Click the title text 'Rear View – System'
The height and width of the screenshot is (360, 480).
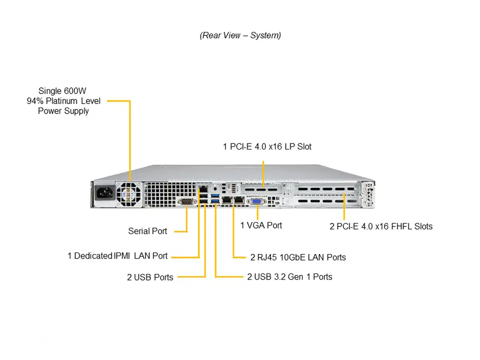[240, 35]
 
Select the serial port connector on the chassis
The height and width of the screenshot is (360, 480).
[186, 201]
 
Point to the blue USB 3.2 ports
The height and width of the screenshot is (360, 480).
[215, 198]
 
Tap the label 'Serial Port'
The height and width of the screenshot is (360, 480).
[147, 231]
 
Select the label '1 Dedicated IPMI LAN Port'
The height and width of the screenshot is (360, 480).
[117, 256]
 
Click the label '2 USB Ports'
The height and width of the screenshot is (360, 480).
[150, 277]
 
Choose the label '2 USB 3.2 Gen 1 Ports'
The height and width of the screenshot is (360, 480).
[289, 276]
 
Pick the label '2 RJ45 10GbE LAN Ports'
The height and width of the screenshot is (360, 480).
[298, 257]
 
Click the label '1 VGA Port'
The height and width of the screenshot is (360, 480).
[261, 225]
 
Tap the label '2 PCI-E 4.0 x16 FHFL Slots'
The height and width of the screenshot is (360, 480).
[381, 226]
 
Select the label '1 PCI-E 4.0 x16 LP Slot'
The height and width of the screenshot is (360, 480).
[267, 146]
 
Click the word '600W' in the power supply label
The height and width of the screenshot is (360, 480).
[75, 91]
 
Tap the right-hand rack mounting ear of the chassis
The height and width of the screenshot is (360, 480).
[370, 195]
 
